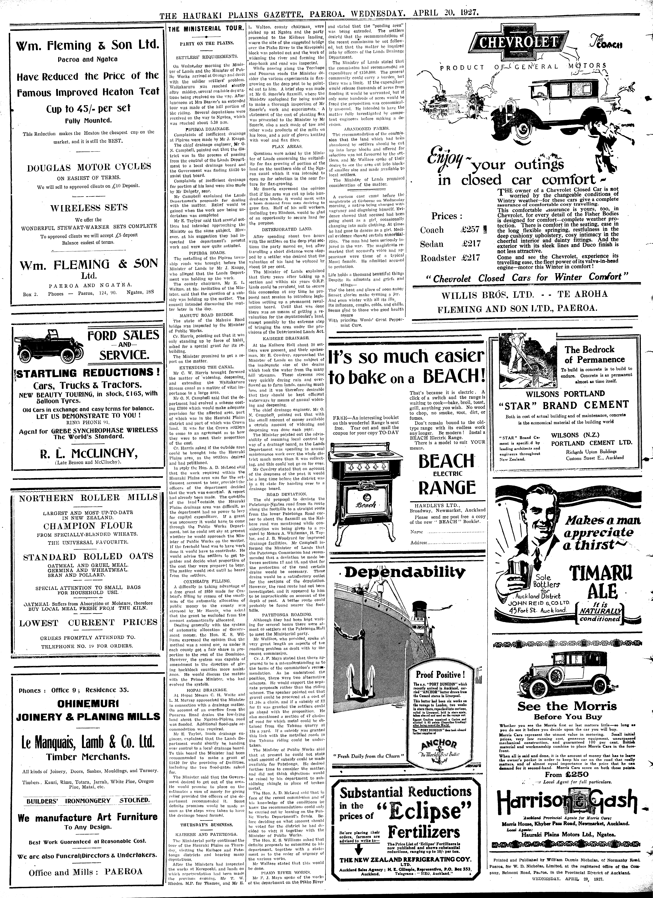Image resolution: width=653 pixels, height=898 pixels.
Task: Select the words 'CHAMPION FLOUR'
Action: pyautogui.click(x=88, y=526)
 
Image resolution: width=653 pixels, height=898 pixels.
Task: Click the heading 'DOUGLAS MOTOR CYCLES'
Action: pyautogui.click(x=89, y=167)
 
